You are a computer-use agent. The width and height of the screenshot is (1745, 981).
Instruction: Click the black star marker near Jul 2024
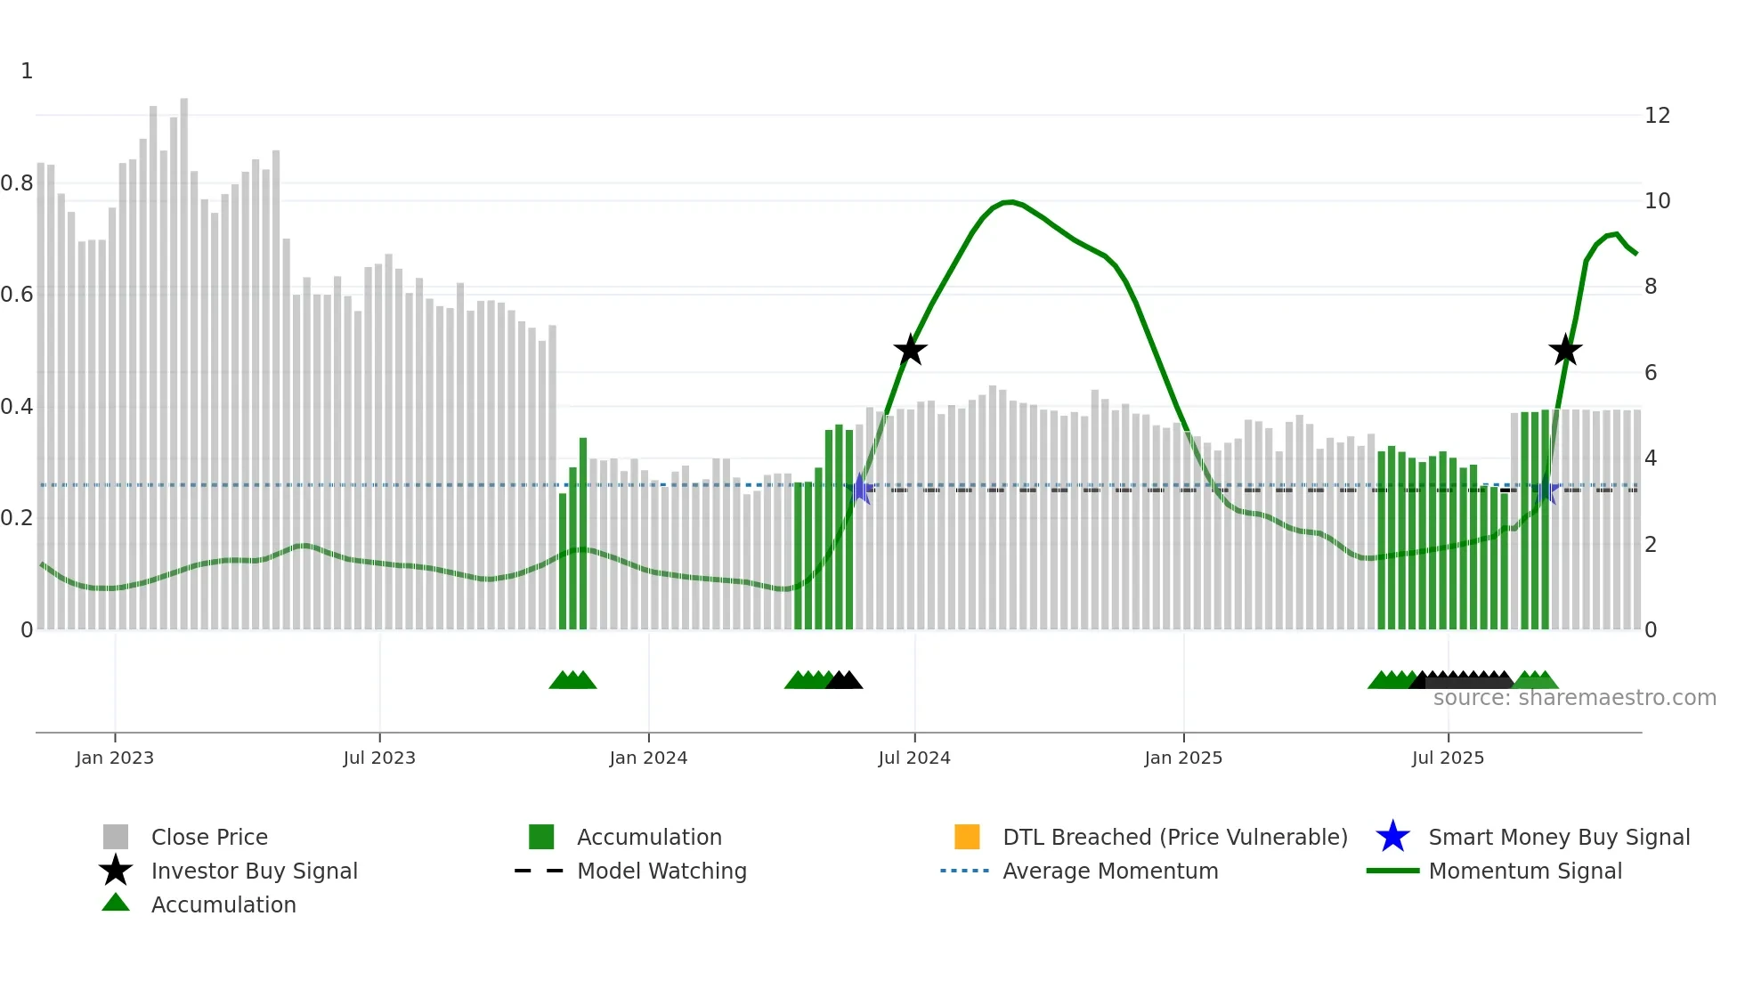[910, 350]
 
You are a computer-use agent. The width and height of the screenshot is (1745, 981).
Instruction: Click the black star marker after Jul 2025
[1564, 350]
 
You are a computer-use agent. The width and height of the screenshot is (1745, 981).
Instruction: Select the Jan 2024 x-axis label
[648, 758]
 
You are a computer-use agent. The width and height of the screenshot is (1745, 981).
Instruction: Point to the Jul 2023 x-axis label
[379, 758]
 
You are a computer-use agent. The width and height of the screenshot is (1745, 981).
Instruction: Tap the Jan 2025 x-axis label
[1182, 758]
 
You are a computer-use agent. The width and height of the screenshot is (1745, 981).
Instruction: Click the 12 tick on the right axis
[1657, 116]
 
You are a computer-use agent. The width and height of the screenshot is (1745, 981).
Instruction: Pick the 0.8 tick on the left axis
[17, 183]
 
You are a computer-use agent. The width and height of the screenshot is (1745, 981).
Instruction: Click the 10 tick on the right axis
[1657, 201]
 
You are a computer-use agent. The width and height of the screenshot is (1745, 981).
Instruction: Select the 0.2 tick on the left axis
[17, 518]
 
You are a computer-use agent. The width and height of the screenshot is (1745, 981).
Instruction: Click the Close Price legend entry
[209, 837]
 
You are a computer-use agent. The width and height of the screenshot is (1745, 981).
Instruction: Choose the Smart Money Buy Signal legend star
[1392, 837]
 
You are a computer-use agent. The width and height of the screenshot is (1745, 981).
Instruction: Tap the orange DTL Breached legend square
[967, 837]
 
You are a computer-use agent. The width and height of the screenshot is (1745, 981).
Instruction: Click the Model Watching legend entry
[661, 871]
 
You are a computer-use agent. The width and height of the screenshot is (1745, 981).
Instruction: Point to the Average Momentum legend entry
[1110, 871]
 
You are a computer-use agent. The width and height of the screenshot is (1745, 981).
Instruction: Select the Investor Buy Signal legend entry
[254, 871]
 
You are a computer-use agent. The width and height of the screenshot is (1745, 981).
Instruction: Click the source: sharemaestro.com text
[1574, 698]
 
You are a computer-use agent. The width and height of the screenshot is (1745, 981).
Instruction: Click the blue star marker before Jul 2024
[861, 489]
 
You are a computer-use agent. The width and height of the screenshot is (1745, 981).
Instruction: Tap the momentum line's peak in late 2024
[1009, 202]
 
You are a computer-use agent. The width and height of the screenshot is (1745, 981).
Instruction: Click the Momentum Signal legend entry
[1525, 871]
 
